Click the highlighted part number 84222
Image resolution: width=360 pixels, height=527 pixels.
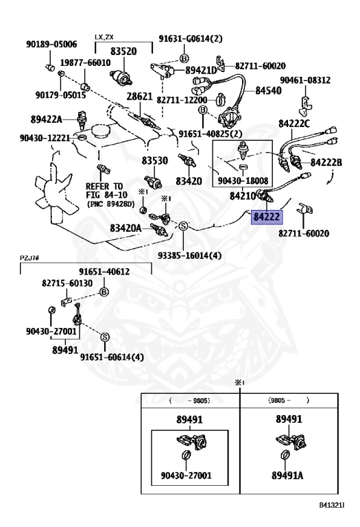267,216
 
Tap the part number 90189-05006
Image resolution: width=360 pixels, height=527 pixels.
51,45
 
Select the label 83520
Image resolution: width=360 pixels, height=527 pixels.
123,51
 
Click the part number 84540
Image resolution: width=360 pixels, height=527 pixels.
268,91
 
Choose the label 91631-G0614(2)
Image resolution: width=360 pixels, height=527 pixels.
191,38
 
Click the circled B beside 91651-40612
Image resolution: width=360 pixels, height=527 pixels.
104,292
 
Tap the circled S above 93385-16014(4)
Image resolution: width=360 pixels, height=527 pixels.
183,226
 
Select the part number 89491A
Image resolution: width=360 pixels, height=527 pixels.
287,476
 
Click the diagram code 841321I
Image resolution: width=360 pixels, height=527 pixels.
332,505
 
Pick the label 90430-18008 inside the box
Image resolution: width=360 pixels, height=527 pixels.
243,181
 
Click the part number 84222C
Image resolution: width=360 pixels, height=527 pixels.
294,124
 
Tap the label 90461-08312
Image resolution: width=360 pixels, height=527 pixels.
305,80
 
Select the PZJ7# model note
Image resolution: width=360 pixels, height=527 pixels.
30,258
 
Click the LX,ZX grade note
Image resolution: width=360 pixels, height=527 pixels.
104,37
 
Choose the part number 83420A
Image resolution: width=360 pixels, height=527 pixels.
125,229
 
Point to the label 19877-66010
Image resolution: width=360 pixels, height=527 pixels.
85,62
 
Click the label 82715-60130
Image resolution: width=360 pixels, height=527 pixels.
67,283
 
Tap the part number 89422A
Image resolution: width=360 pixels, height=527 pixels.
47,119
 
